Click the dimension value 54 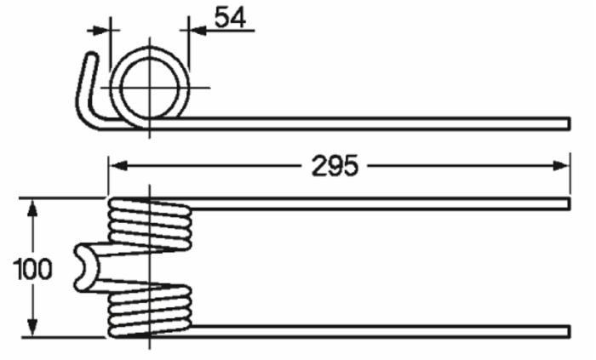pyautogui.click(x=229, y=17)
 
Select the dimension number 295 pyautogui.click(x=334, y=165)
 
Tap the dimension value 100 pyautogui.click(x=32, y=270)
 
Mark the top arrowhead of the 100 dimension pyautogui.click(x=32, y=207)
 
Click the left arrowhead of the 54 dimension pyautogui.click(x=102, y=29)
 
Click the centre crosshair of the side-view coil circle pyautogui.click(x=150, y=86)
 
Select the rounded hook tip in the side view pyautogui.click(x=90, y=57)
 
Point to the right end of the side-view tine pyautogui.click(x=566, y=123)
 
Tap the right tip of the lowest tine pyautogui.click(x=566, y=329)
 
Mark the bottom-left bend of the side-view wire pyautogui.click(x=93, y=119)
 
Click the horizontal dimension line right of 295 pyautogui.click(x=460, y=165)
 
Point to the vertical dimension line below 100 pyautogui.click(x=32, y=306)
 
